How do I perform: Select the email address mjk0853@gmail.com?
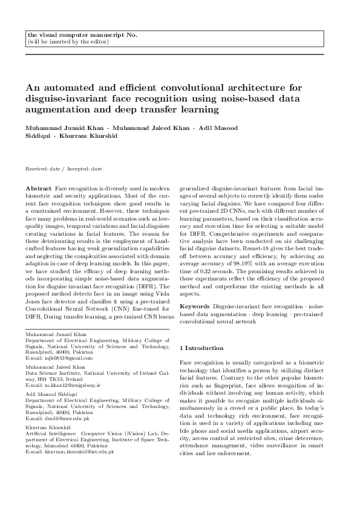tap(59, 358)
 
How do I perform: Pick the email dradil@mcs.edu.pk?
tap(59, 418)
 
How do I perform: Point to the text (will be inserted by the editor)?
tap(68, 42)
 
